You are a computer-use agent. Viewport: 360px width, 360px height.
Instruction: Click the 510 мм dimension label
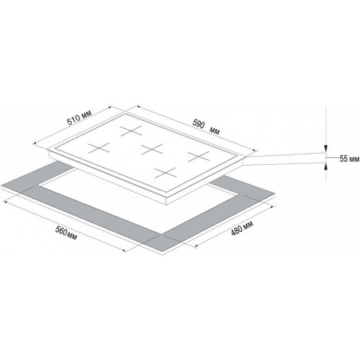pos(79,117)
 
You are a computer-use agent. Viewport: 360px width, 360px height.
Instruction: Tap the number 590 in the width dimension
pos(198,123)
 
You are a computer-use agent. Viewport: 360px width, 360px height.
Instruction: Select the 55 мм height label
pos(350,158)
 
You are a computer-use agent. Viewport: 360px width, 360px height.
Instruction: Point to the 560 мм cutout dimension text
pos(66,233)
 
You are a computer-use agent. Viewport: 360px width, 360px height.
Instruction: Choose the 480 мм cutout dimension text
pos(242,228)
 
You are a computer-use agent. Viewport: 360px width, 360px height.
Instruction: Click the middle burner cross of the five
pos(152,150)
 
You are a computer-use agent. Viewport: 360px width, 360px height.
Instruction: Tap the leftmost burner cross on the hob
pos(99,148)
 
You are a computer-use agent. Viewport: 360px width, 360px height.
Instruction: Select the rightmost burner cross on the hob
pos(198,156)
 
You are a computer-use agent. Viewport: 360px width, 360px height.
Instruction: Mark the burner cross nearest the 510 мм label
pos(131,131)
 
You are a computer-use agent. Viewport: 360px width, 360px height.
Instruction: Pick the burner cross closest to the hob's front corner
pos(166,173)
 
